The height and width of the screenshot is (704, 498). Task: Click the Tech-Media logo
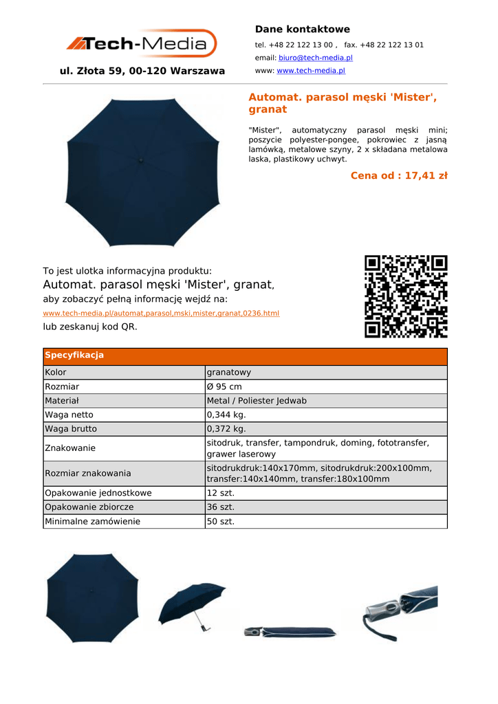(x=142, y=44)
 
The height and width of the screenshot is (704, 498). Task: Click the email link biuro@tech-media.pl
(x=315, y=58)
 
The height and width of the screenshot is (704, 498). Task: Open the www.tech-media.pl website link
(x=310, y=71)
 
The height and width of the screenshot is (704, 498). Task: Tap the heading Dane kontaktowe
(x=302, y=30)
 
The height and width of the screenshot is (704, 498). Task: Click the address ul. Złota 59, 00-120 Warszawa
(x=142, y=71)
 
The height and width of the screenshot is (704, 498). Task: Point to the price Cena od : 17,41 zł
(x=399, y=176)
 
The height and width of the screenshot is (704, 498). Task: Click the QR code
(x=406, y=296)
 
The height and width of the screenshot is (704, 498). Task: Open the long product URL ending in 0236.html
(x=161, y=313)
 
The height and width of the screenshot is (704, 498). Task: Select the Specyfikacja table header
(x=74, y=355)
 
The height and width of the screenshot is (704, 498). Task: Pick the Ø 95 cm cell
(x=224, y=386)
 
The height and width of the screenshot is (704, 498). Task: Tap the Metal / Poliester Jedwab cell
(x=257, y=401)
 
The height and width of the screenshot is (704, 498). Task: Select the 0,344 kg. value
(x=226, y=415)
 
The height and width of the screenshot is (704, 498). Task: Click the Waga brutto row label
(x=71, y=429)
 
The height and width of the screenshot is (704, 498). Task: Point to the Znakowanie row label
(x=70, y=448)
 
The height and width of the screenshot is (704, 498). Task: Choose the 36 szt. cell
(x=221, y=507)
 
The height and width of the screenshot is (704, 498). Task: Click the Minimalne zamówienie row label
(x=92, y=521)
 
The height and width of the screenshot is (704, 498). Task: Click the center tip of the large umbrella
(x=142, y=159)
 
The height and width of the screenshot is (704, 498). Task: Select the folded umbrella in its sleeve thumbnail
(x=290, y=632)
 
